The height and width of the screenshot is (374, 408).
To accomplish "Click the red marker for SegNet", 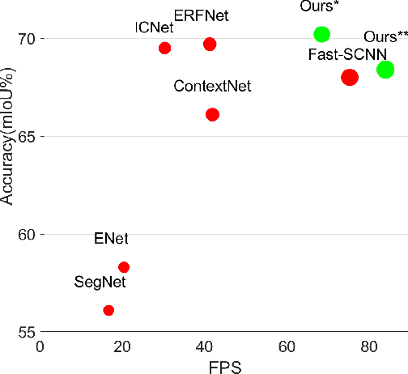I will tap(108, 310).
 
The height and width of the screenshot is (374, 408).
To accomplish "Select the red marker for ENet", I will tap(124, 267).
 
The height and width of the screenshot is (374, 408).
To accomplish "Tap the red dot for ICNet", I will tap(164, 48).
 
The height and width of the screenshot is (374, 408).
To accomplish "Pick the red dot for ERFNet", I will tap(210, 44).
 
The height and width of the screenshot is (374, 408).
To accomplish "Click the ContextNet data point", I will tap(212, 114).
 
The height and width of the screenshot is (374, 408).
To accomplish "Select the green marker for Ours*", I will tap(321, 34).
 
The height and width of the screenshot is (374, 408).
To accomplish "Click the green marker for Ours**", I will tap(385, 70).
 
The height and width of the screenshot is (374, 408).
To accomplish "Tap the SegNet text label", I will tap(100, 283).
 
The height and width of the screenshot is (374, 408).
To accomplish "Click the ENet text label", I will tap(111, 239).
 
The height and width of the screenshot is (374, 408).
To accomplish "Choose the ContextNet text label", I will tap(212, 86).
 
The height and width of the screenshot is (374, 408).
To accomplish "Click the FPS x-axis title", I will tap(224, 366).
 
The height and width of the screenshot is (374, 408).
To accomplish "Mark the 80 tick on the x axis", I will tap(367, 346).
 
